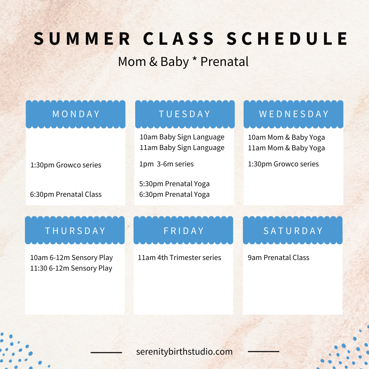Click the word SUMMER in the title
pyautogui.click(x=82, y=39)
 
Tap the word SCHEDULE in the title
pyautogui.click(x=287, y=39)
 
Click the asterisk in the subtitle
pyautogui.click(x=194, y=59)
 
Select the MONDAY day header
pyautogui.click(x=76, y=114)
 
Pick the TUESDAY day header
pyautogui.click(x=184, y=114)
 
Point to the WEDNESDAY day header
pyautogui.click(x=294, y=114)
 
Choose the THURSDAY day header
pyautogui.click(x=75, y=231)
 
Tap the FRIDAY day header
pyautogui.click(x=183, y=231)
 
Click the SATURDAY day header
pyautogui.click(x=293, y=231)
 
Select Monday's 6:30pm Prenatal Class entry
pyautogui.click(x=66, y=194)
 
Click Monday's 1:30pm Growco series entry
pyautogui.click(x=66, y=165)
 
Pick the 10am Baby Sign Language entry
pyautogui.click(x=182, y=137)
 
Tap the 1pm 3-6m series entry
pyautogui.click(x=166, y=164)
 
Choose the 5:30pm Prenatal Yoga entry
pyautogui.click(x=174, y=184)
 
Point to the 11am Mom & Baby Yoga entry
pyautogui.click(x=286, y=148)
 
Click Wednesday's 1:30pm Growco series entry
pyautogui.click(x=283, y=164)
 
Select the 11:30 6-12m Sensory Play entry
pyautogui.click(x=71, y=268)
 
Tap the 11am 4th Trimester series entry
pyautogui.click(x=180, y=258)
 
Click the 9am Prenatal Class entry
pyautogui.click(x=279, y=258)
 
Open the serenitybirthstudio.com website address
pyautogui.click(x=184, y=352)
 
